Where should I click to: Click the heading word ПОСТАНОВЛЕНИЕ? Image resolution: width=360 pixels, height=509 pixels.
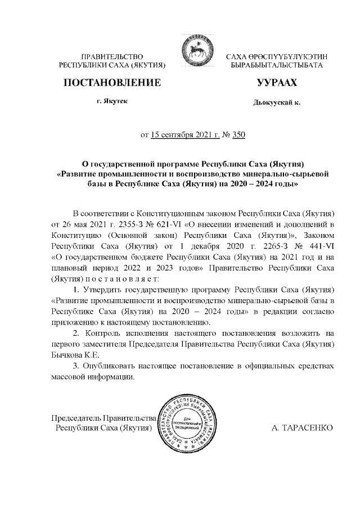(x=112, y=83)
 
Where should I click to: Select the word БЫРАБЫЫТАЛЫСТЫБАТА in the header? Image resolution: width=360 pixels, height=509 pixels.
(x=276, y=66)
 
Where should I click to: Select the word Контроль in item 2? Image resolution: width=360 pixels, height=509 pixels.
(x=105, y=333)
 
